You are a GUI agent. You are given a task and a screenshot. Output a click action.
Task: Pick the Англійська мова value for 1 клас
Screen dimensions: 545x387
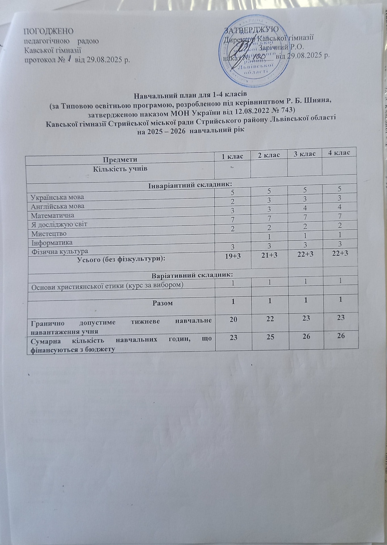[232, 202]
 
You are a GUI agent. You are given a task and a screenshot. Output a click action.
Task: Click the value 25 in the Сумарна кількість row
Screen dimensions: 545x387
[268, 336]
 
